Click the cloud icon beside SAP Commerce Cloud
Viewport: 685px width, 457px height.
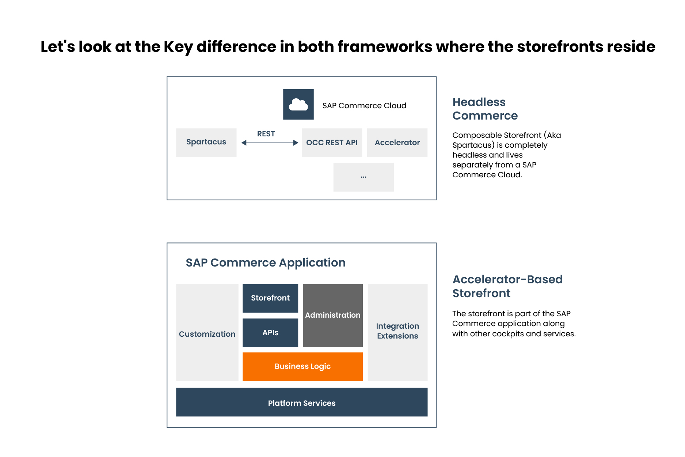coord(298,105)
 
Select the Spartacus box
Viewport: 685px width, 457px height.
coord(206,142)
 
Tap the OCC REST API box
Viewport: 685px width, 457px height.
coord(332,143)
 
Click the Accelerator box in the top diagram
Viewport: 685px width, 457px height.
coord(397,143)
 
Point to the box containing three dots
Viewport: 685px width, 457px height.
coord(363,177)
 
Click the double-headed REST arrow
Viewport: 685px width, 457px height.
coord(270,143)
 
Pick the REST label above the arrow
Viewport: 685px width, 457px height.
coord(266,134)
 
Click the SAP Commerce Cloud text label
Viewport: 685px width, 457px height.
coord(364,106)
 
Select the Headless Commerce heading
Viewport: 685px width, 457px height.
coord(484,109)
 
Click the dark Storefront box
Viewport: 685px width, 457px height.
coord(270,298)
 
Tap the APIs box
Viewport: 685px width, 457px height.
coord(270,333)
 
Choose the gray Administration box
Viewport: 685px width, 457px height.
coord(332,315)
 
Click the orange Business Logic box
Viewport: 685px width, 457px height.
coord(302,366)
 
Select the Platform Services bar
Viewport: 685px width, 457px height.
coord(301,403)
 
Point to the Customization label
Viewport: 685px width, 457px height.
coord(207,334)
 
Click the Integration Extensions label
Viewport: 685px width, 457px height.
coord(397,331)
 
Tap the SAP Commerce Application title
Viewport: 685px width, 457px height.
coord(265,263)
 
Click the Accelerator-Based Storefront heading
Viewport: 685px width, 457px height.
coord(507,286)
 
